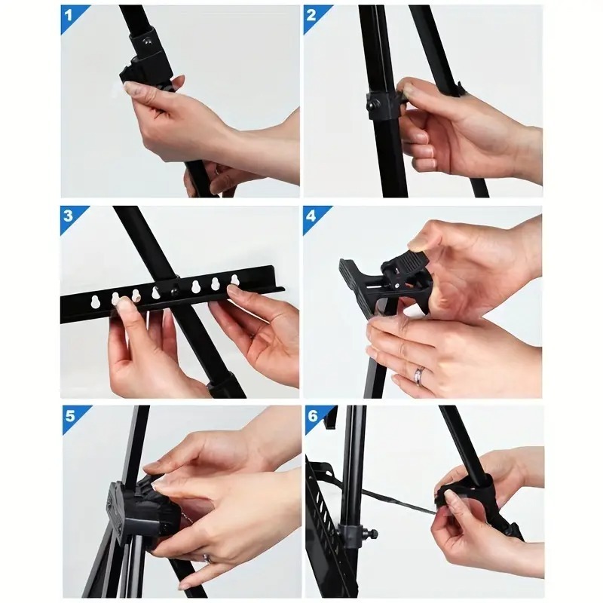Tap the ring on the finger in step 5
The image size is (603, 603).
click(206, 559)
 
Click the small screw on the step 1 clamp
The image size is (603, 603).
click(148, 43)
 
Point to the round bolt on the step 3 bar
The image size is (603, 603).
click(175, 289)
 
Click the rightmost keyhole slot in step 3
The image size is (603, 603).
click(234, 281)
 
